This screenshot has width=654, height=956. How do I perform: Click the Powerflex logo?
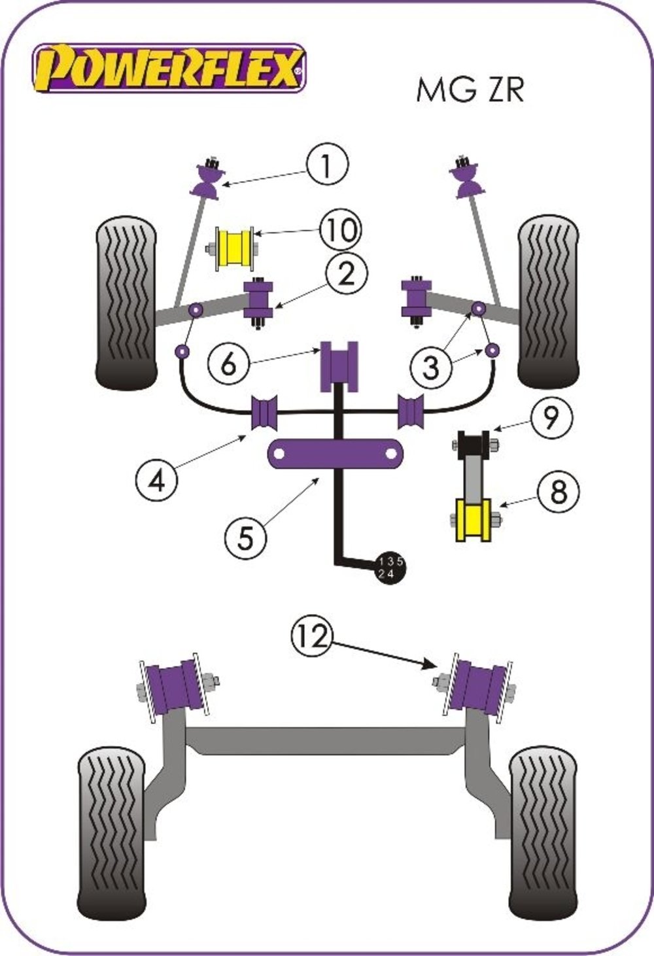pyautogui.click(x=169, y=67)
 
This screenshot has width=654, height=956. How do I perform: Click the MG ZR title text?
pyautogui.click(x=470, y=90)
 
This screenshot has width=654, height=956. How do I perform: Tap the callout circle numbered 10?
pyautogui.click(x=340, y=230)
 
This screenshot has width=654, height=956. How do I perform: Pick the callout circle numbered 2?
pyautogui.click(x=345, y=273)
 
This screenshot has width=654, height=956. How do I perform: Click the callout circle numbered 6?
pyautogui.click(x=228, y=364)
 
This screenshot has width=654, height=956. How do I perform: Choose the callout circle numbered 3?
pyautogui.click(x=431, y=368)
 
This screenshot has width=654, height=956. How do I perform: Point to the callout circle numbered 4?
pyautogui.click(x=157, y=481)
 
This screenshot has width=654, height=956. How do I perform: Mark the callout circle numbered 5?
pyautogui.click(x=245, y=538)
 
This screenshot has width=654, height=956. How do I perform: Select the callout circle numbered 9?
pyautogui.click(x=550, y=417)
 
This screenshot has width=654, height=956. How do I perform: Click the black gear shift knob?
pyautogui.click(x=389, y=568)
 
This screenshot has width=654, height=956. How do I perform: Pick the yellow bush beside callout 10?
pyautogui.click(x=233, y=250)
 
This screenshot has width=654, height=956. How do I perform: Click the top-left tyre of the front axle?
pyautogui.click(x=126, y=301)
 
